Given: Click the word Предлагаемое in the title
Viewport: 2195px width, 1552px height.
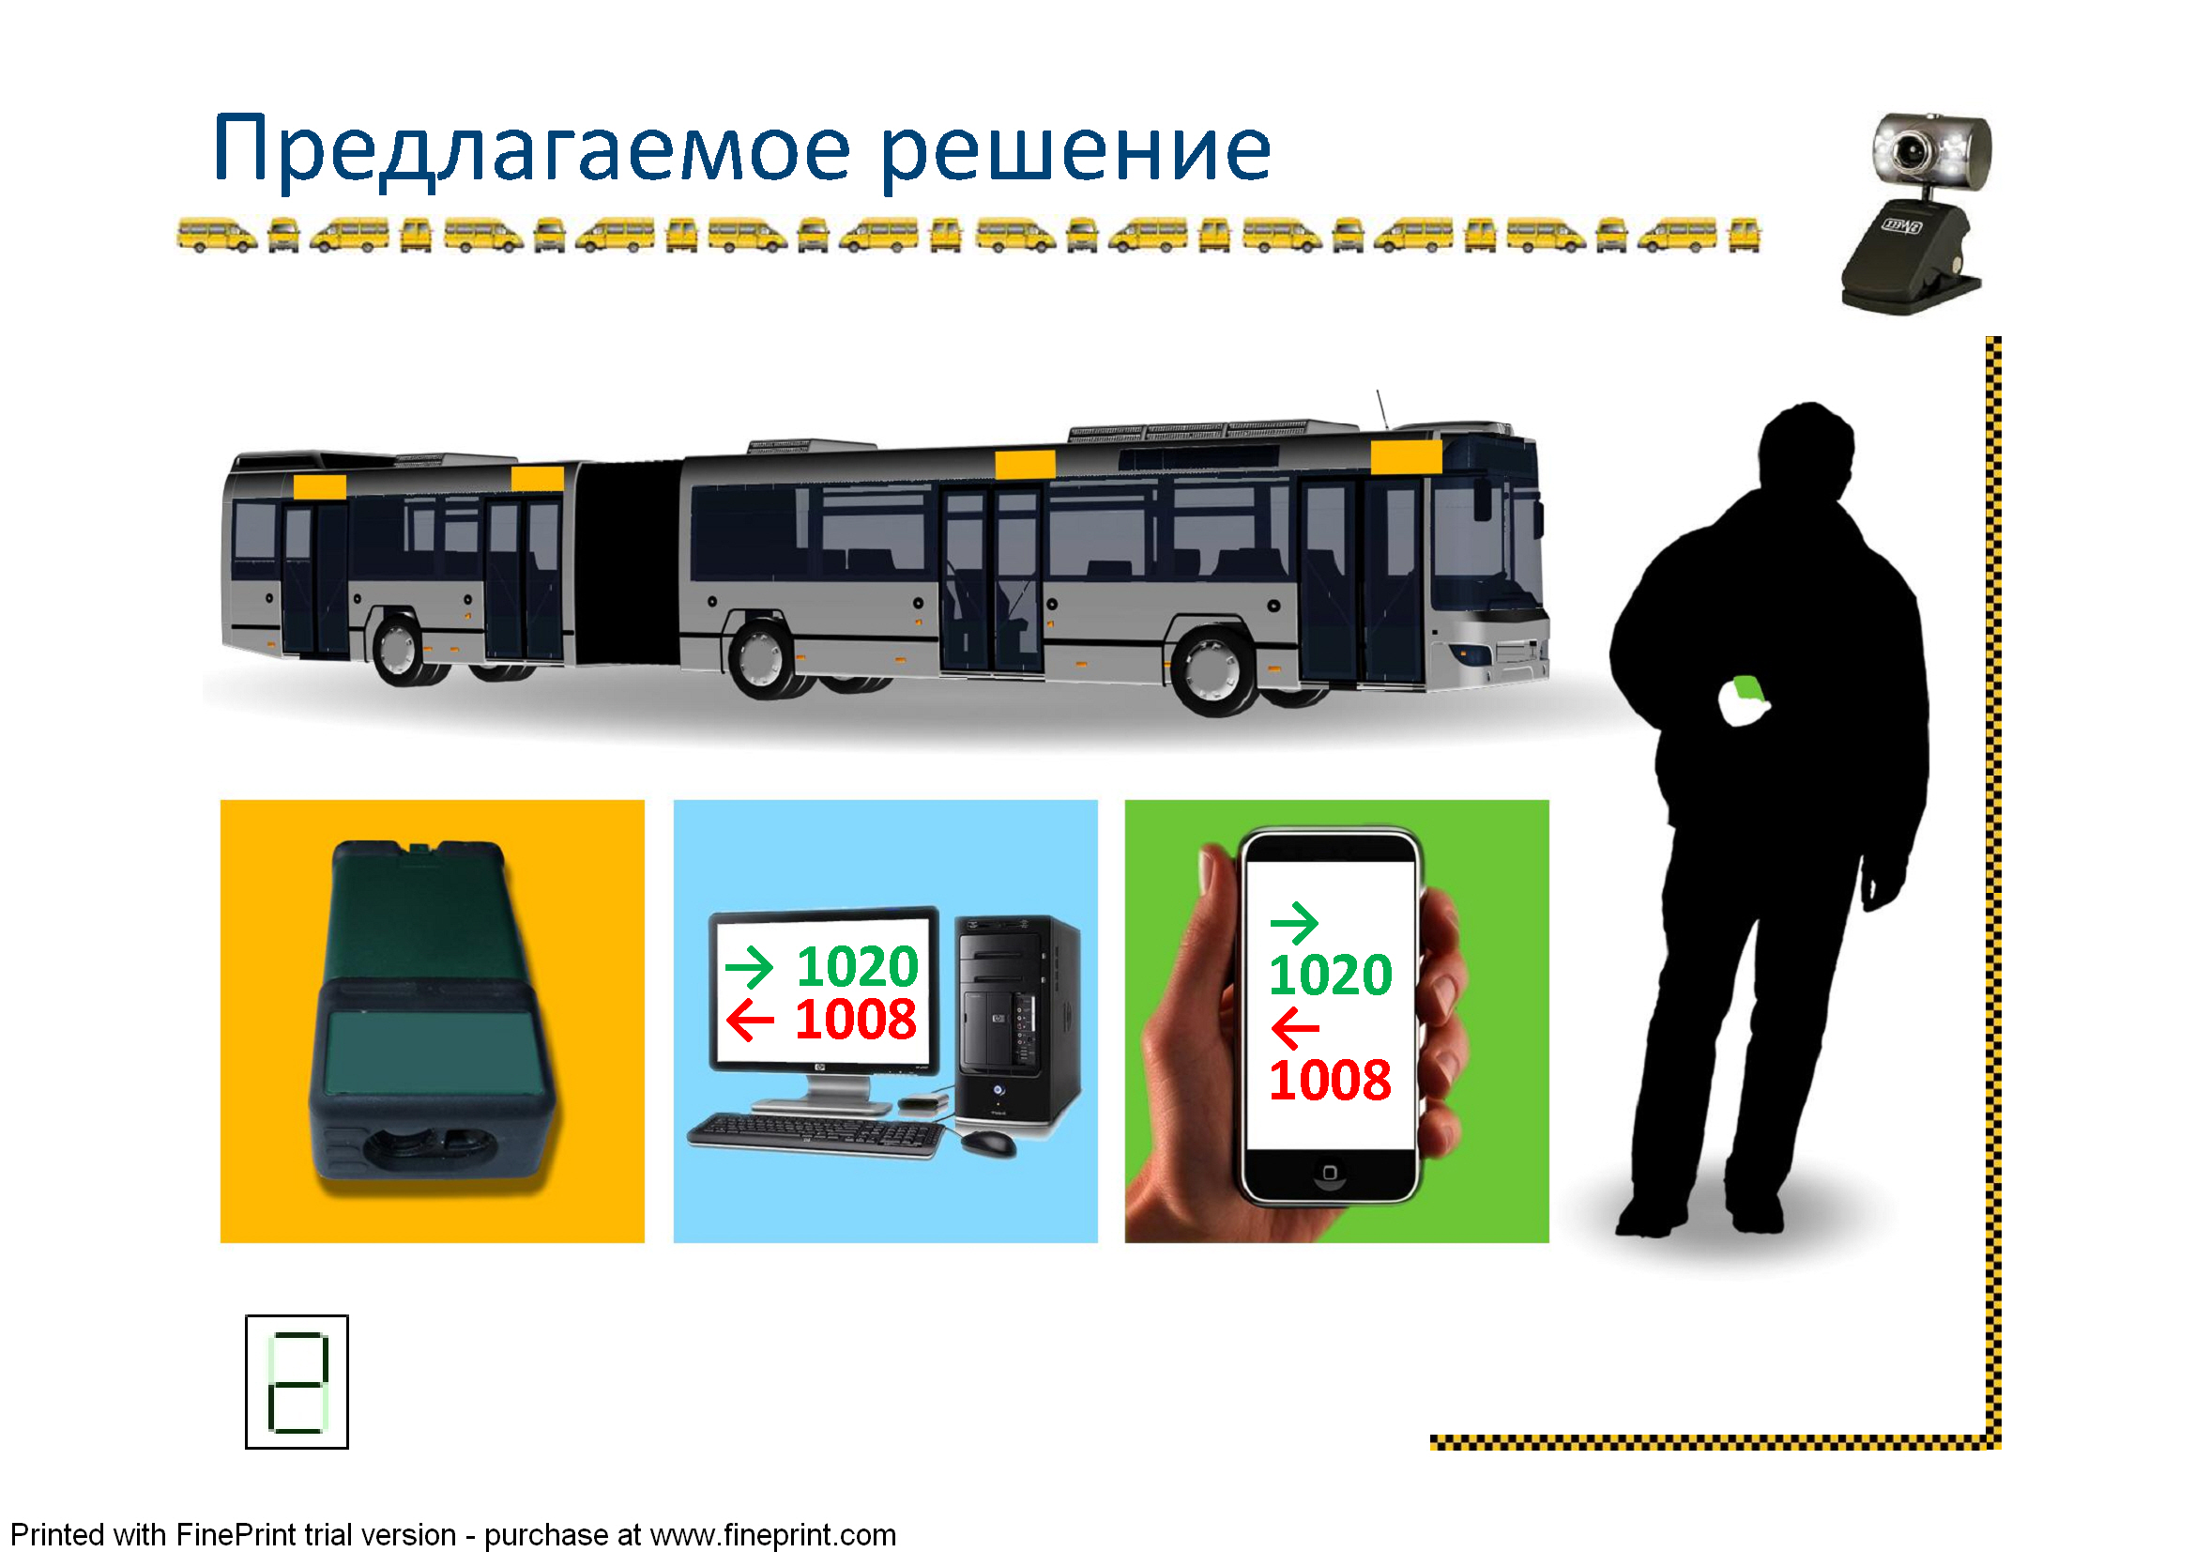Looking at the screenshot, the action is point(531,148).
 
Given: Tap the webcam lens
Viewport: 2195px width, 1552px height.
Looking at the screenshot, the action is point(1911,148).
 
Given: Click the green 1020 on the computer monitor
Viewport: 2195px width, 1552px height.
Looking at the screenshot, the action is point(858,967).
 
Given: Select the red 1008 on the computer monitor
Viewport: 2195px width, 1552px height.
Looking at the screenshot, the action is point(856,1020).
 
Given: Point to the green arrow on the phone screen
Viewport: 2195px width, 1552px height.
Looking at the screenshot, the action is point(1294,923).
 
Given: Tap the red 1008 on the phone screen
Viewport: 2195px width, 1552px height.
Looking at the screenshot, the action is point(1330,1081).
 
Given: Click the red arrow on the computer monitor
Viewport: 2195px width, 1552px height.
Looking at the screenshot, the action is point(751,1021).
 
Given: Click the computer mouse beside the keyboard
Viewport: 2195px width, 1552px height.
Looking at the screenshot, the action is point(988,1142).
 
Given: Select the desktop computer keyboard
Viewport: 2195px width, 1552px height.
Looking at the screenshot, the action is point(816,1136).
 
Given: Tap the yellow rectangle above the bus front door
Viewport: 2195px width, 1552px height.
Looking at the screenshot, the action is point(1406,456).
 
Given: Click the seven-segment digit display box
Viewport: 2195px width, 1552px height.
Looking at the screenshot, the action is point(297,1382).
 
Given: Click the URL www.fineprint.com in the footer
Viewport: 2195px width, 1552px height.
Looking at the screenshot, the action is point(772,1535).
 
